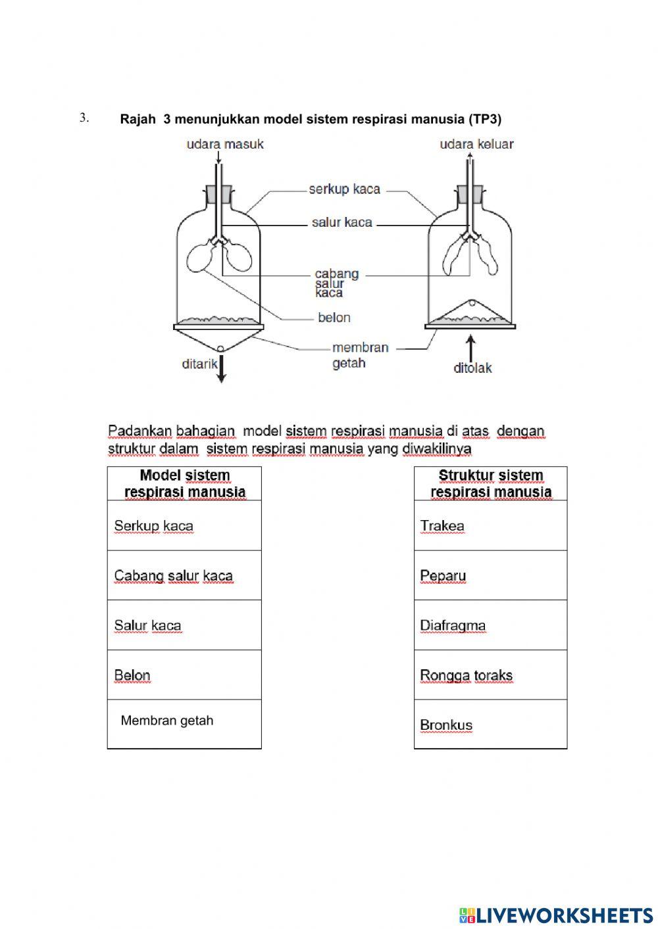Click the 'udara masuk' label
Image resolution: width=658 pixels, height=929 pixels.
click(225, 144)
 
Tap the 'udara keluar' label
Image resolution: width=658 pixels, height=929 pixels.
click(476, 144)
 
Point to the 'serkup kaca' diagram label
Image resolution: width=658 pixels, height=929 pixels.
click(344, 189)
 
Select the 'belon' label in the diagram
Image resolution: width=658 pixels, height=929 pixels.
click(334, 318)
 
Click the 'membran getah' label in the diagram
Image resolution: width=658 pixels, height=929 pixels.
click(359, 355)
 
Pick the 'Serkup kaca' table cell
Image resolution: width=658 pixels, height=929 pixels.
click(184, 525)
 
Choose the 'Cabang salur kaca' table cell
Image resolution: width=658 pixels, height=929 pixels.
click(184, 575)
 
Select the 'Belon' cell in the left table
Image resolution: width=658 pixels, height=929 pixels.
click(184, 675)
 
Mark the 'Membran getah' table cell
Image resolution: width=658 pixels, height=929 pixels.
click(184, 723)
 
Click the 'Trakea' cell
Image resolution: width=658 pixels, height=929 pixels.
click(490, 525)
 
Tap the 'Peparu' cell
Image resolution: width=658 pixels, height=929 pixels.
click(490, 575)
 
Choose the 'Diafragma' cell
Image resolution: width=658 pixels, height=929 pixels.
click(490, 625)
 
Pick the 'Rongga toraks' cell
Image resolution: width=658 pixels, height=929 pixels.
click(490, 675)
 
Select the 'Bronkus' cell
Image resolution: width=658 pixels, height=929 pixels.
click(490, 725)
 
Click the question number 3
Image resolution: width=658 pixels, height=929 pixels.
click(84, 118)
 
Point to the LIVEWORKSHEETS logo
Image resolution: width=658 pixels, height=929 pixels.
click(556, 915)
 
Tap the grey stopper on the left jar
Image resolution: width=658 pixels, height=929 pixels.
click(219, 194)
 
